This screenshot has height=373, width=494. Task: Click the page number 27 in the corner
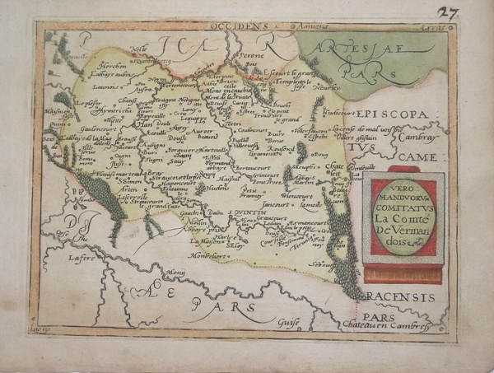[x=470, y=12]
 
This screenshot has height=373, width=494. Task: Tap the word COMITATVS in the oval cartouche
[x=403, y=198]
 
